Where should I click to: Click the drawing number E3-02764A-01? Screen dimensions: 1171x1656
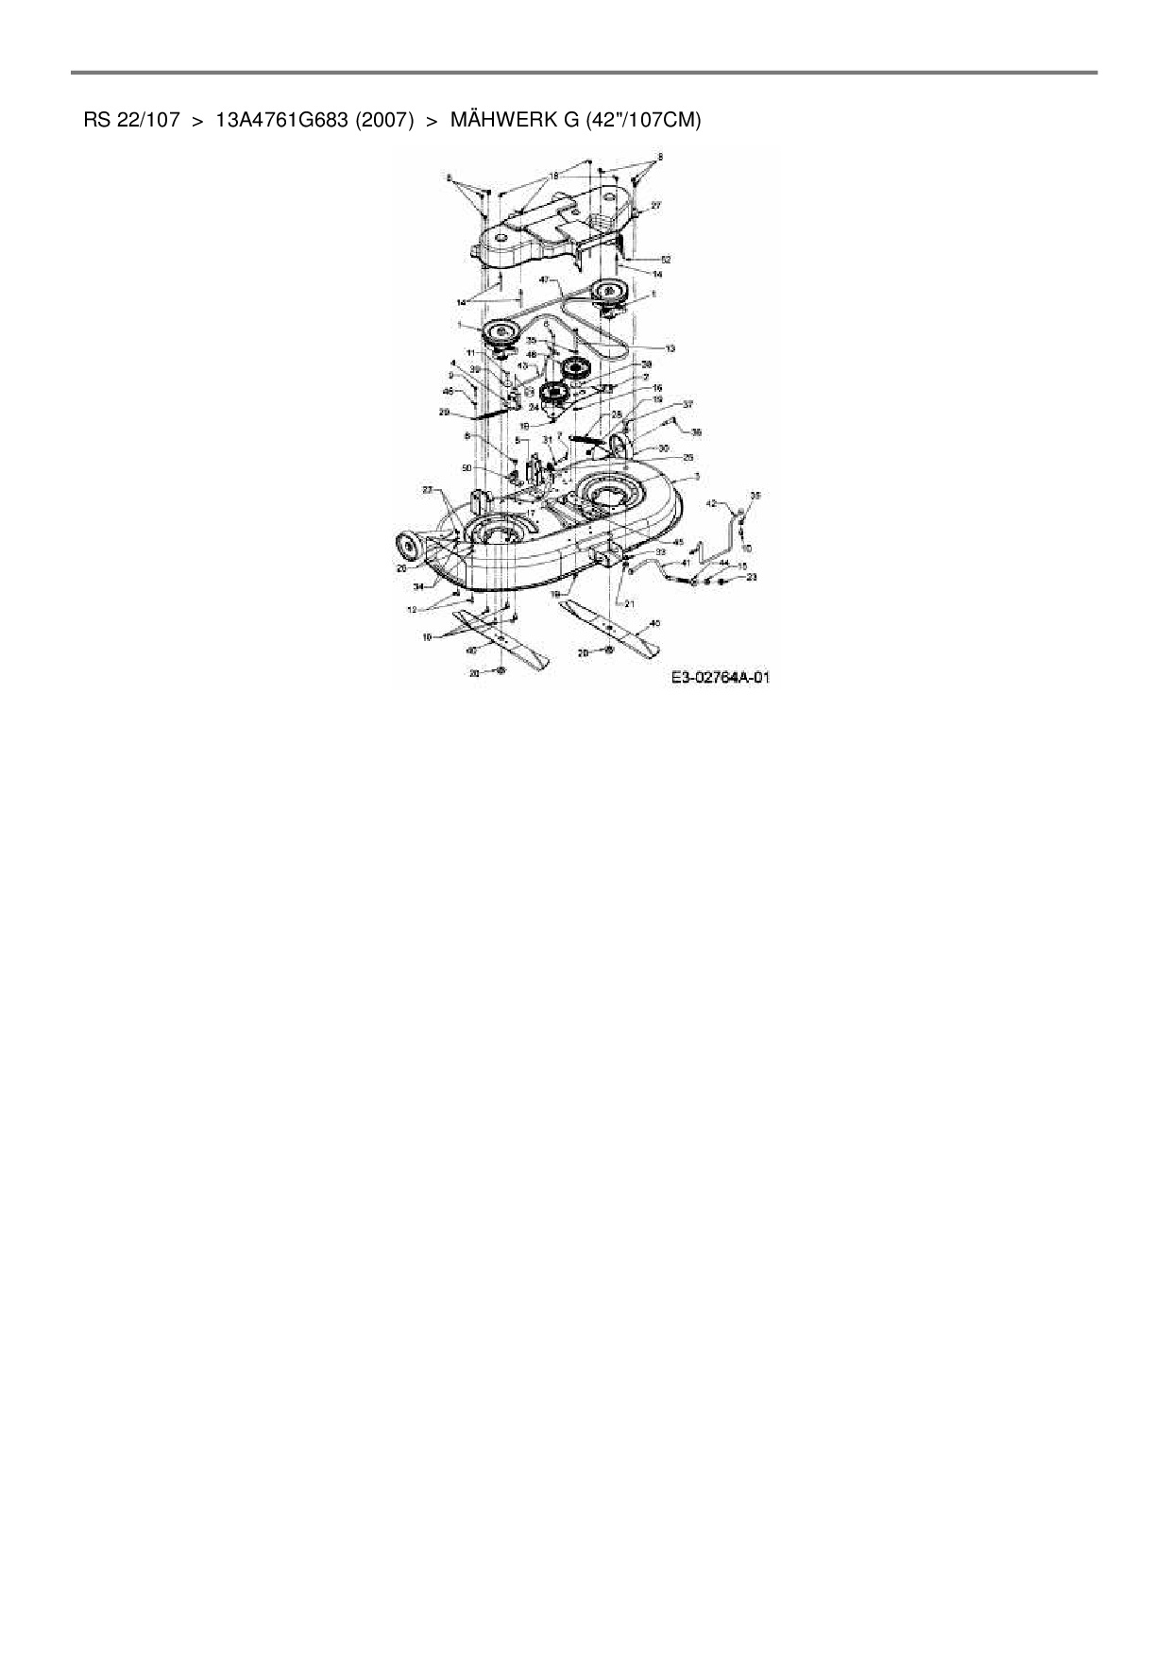pos(721,678)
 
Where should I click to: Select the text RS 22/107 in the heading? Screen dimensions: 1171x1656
pos(131,121)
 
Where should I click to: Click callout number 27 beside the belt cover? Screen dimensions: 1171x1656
pos(655,205)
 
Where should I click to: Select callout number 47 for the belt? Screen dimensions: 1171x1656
pos(545,280)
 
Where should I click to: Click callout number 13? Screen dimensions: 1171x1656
pos(670,349)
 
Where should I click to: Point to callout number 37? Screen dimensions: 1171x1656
pos(687,404)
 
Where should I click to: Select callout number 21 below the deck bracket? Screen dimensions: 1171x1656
pos(629,603)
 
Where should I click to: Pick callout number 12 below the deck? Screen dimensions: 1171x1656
pos(412,610)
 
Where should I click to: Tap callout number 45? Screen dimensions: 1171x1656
pos(677,542)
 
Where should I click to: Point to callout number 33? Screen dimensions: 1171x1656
pos(660,551)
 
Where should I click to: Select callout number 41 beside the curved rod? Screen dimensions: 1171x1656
pos(686,563)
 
